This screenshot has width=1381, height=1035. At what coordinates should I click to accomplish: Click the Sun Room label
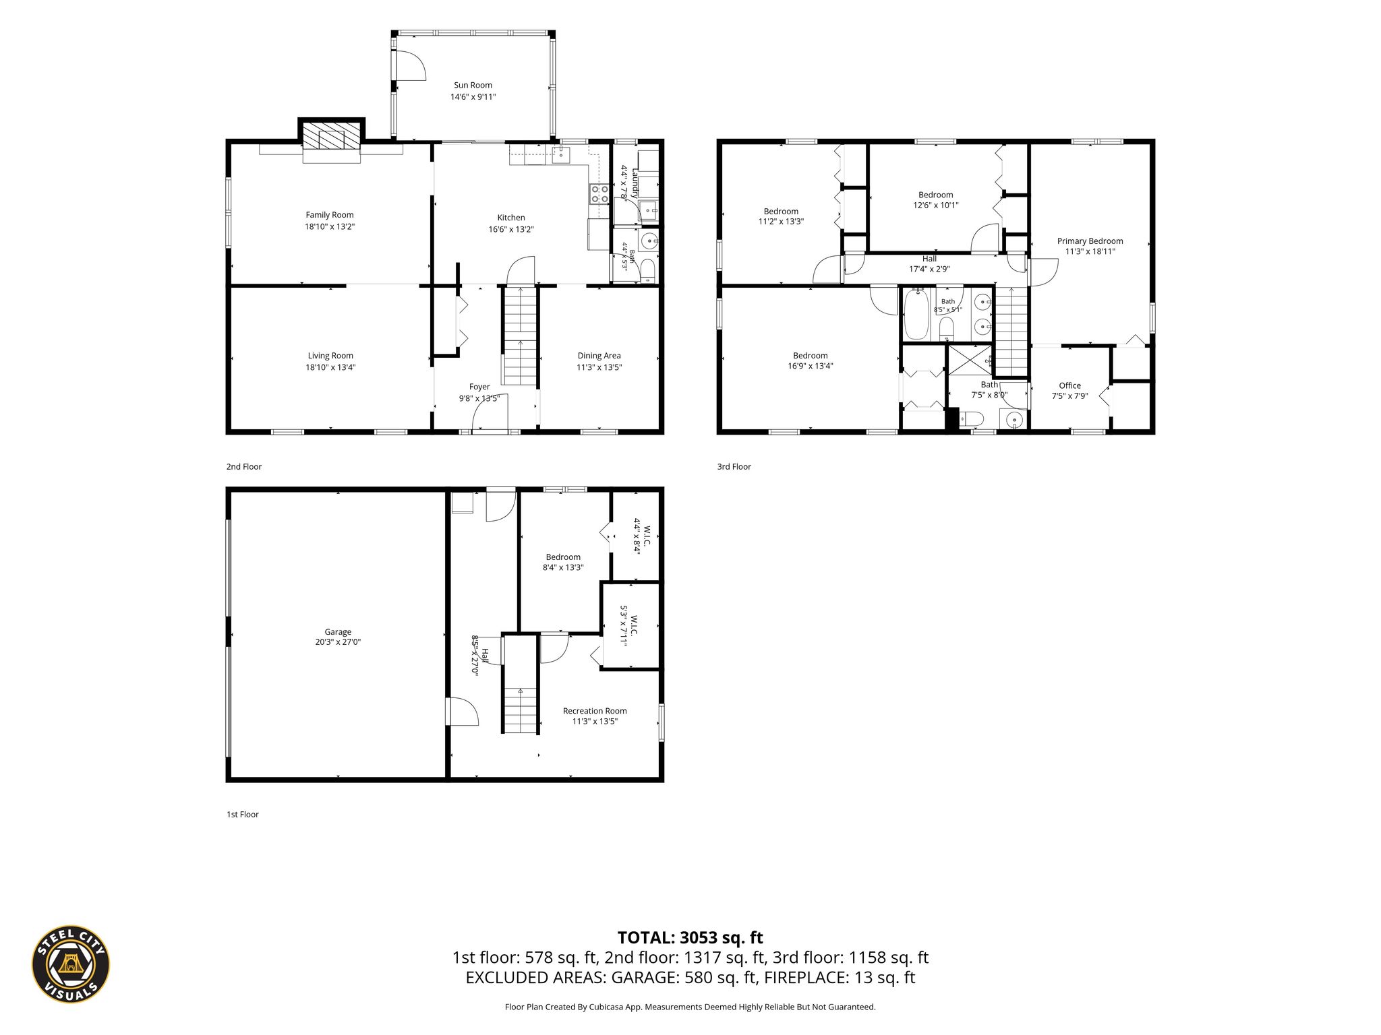click(473, 85)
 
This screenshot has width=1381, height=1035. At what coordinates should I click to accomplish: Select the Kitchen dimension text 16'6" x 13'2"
click(511, 229)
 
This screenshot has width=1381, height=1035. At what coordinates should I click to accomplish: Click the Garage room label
click(338, 632)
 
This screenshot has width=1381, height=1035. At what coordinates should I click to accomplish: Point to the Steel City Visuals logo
click(71, 964)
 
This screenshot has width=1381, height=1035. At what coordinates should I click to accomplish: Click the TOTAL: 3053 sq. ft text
click(690, 937)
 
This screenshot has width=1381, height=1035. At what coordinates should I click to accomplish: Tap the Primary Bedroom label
click(1090, 241)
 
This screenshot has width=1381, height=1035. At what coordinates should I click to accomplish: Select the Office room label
click(1069, 385)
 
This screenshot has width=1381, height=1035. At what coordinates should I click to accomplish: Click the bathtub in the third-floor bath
click(916, 314)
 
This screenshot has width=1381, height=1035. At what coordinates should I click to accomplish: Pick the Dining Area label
click(599, 356)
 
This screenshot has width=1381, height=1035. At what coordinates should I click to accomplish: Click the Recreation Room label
click(595, 711)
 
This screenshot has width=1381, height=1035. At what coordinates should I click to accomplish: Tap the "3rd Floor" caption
click(734, 466)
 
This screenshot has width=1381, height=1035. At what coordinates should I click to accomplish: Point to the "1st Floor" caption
click(243, 814)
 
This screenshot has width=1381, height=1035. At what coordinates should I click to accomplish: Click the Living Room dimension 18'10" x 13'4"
click(330, 367)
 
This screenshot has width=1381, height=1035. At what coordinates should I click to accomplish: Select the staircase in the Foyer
click(520, 336)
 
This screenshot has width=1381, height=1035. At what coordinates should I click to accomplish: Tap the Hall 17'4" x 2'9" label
click(929, 263)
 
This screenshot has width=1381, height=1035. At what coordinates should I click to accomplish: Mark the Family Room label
click(330, 215)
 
